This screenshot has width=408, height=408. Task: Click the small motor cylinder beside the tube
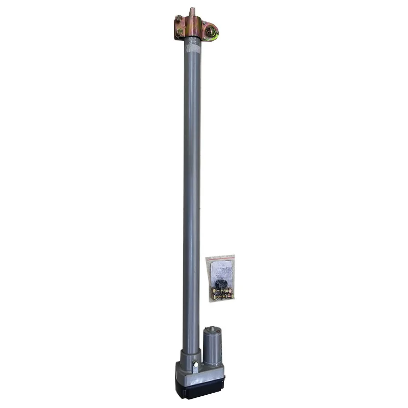pyautogui.click(x=213, y=347)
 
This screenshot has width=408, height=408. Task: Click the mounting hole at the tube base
pyautogui.click(x=195, y=364)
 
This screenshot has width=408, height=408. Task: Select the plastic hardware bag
pyautogui.click(x=220, y=278)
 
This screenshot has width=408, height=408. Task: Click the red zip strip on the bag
pyautogui.click(x=220, y=258)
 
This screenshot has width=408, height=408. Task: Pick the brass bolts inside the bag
pyautogui.click(x=221, y=294)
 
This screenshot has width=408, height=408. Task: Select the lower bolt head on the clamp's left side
pyautogui.click(x=179, y=33)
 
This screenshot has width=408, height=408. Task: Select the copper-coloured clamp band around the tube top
pyautogui.click(x=192, y=27)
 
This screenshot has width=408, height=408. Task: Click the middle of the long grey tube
pyautogui.click(x=192, y=194)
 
